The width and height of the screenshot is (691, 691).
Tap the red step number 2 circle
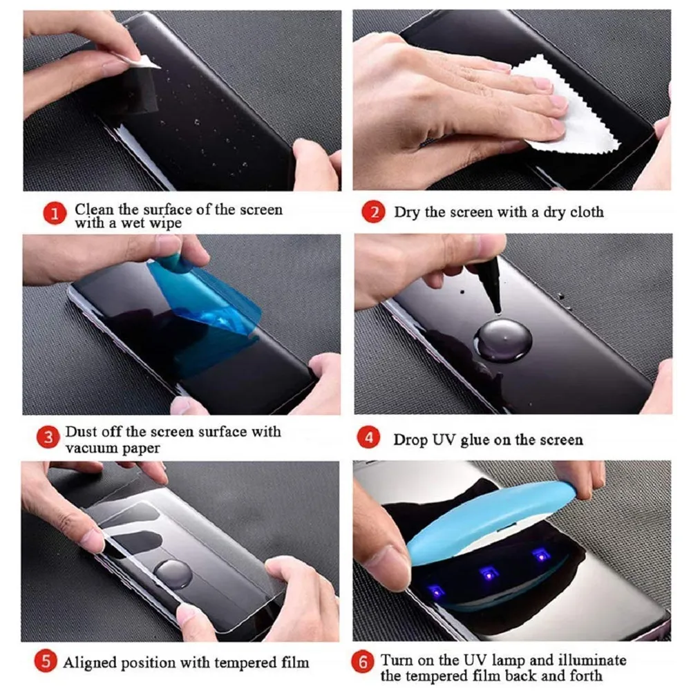[375, 211]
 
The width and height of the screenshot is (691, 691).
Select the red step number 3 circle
[48, 438]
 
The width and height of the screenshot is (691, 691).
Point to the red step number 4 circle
[369, 439]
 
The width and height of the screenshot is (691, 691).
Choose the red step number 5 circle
[46, 661]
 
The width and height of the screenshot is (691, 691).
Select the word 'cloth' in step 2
[586, 212]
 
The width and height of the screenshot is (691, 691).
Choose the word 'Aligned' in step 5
[91, 663]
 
